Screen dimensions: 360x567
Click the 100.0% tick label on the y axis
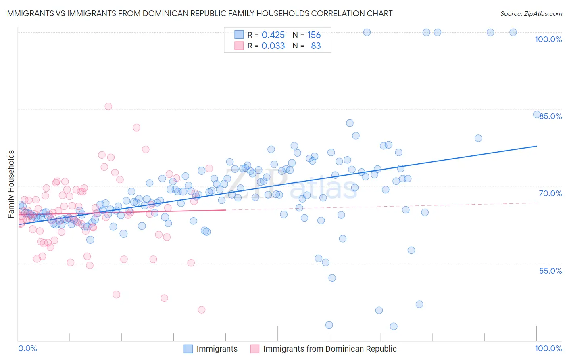pyautogui.click(x=548, y=39)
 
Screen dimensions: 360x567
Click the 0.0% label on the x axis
pyautogui.click(x=27, y=348)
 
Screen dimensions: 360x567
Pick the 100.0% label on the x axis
pyautogui.click(x=548, y=348)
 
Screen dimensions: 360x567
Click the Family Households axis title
pyautogui.click(x=11, y=184)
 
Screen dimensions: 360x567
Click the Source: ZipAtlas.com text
pyautogui.click(x=531, y=14)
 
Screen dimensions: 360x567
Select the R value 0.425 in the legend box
pyautogui.click(x=273, y=35)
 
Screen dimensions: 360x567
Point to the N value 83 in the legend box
pyautogui.click(x=316, y=46)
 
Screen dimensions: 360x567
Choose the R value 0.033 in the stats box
pyautogui.click(x=273, y=46)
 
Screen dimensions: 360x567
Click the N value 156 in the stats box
pyautogui.click(x=314, y=35)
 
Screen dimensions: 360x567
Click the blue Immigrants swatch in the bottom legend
pyautogui.click(x=188, y=349)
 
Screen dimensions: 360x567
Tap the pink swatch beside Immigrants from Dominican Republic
pyautogui.click(x=254, y=349)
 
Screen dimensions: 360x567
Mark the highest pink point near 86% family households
pyautogui.click(x=108, y=107)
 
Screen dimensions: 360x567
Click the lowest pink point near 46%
pyautogui.click(x=202, y=310)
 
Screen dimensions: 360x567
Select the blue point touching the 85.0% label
pyautogui.click(x=537, y=115)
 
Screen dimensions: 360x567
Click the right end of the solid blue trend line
pyautogui.click(x=536, y=146)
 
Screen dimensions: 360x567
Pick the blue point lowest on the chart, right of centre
pyautogui.click(x=394, y=326)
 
